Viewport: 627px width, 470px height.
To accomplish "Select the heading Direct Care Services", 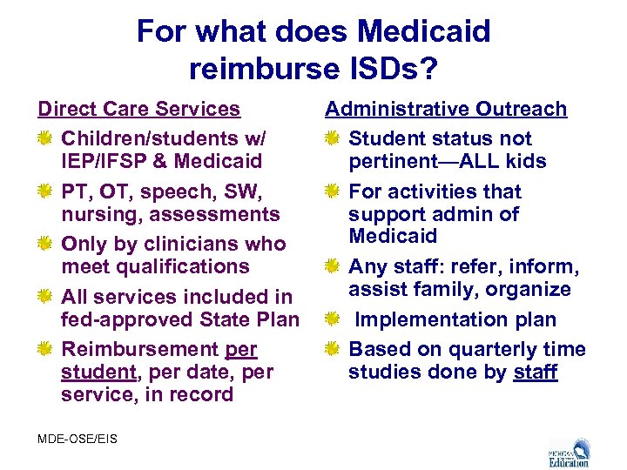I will (138, 109).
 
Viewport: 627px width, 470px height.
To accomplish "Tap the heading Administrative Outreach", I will (446, 109).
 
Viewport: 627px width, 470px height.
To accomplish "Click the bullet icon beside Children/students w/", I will (45, 138).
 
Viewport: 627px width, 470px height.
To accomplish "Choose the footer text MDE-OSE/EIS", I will (77, 438).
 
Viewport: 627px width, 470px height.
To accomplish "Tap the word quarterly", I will (487, 349).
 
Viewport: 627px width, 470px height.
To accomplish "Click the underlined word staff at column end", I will (535, 372).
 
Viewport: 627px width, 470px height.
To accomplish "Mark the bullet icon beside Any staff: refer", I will (333, 266).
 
